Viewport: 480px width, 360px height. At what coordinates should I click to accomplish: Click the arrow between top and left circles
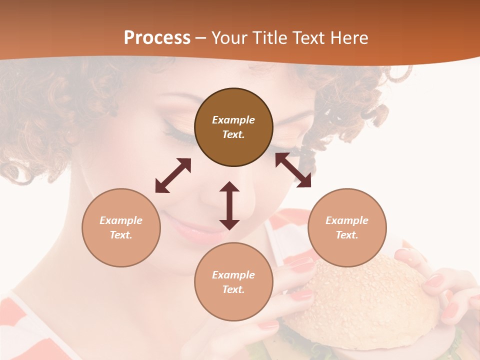coord(173,175)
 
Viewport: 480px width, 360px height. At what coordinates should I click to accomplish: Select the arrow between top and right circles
coord(293,170)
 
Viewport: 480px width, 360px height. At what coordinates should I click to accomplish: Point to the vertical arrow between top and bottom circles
coord(229,205)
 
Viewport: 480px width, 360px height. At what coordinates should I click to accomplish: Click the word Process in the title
coord(157,37)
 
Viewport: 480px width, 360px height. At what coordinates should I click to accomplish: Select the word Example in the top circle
coord(233,120)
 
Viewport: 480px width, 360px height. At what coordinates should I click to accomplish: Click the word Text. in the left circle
coord(121,235)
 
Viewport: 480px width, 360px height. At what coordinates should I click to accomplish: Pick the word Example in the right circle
coord(347,220)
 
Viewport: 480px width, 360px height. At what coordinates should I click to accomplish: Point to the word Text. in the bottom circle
coord(233,289)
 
